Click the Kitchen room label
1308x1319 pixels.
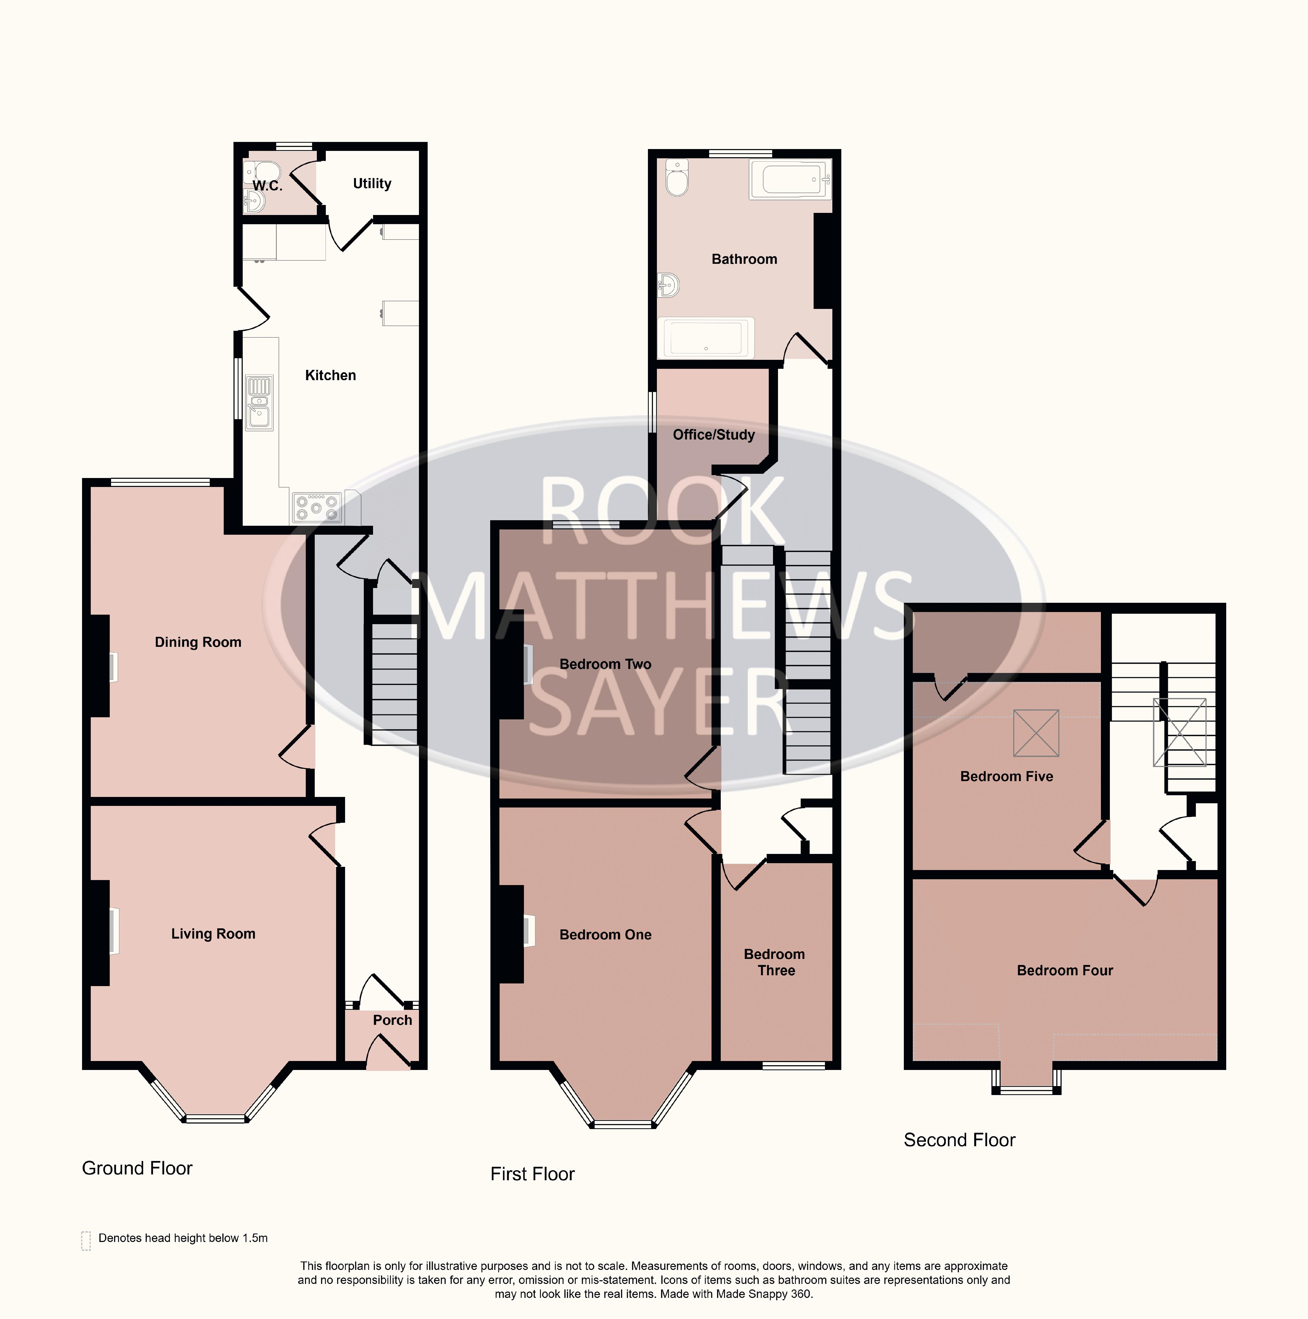pos(330,375)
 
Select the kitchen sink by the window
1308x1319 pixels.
pos(259,403)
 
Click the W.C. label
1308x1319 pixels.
pos(267,186)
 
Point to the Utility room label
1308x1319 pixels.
pos(372,184)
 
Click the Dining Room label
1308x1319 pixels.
pos(198,642)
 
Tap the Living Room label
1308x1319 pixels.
pos(213,934)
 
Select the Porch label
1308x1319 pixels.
pos(393,1020)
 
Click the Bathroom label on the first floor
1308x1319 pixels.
pos(744,259)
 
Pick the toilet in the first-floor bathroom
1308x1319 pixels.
pos(676,178)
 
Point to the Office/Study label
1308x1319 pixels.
pos(713,435)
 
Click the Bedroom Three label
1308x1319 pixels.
pos(775,963)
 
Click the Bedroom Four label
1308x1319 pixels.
pos(1065,971)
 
